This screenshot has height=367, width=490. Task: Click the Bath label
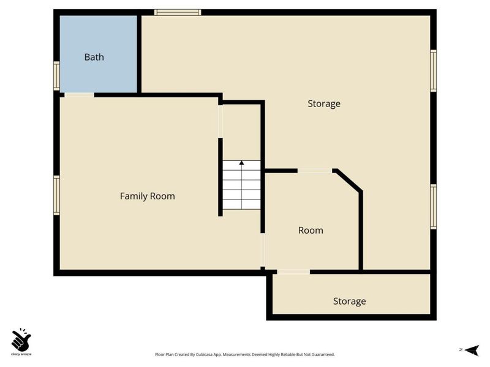pyautogui.click(x=94, y=57)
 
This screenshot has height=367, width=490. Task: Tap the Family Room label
pyautogui.click(x=148, y=196)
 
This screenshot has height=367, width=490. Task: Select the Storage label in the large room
pyautogui.click(x=324, y=103)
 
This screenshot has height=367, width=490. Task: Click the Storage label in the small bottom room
pyautogui.click(x=349, y=301)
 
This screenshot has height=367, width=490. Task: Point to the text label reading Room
pyautogui.click(x=311, y=231)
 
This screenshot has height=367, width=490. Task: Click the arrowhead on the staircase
pyautogui.click(x=241, y=163)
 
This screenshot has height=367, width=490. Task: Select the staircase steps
pyautogui.click(x=241, y=185)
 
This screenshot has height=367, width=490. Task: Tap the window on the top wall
pyautogui.click(x=178, y=12)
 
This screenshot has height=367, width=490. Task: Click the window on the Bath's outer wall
pyautogui.click(x=56, y=76)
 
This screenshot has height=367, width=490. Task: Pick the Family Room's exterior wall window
pyautogui.click(x=56, y=195)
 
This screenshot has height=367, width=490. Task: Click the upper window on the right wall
pyautogui.click(x=433, y=71)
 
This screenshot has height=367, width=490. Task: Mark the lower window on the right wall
pyautogui.click(x=433, y=207)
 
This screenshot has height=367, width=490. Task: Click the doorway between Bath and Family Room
pyautogui.click(x=79, y=95)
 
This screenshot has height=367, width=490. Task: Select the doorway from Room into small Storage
pyautogui.click(x=293, y=272)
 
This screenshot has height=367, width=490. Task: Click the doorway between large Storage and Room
pyautogui.click(x=314, y=171)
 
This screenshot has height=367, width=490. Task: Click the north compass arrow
pyautogui.click(x=472, y=350)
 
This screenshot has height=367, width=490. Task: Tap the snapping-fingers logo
pyautogui.click(x=21, y=339)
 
